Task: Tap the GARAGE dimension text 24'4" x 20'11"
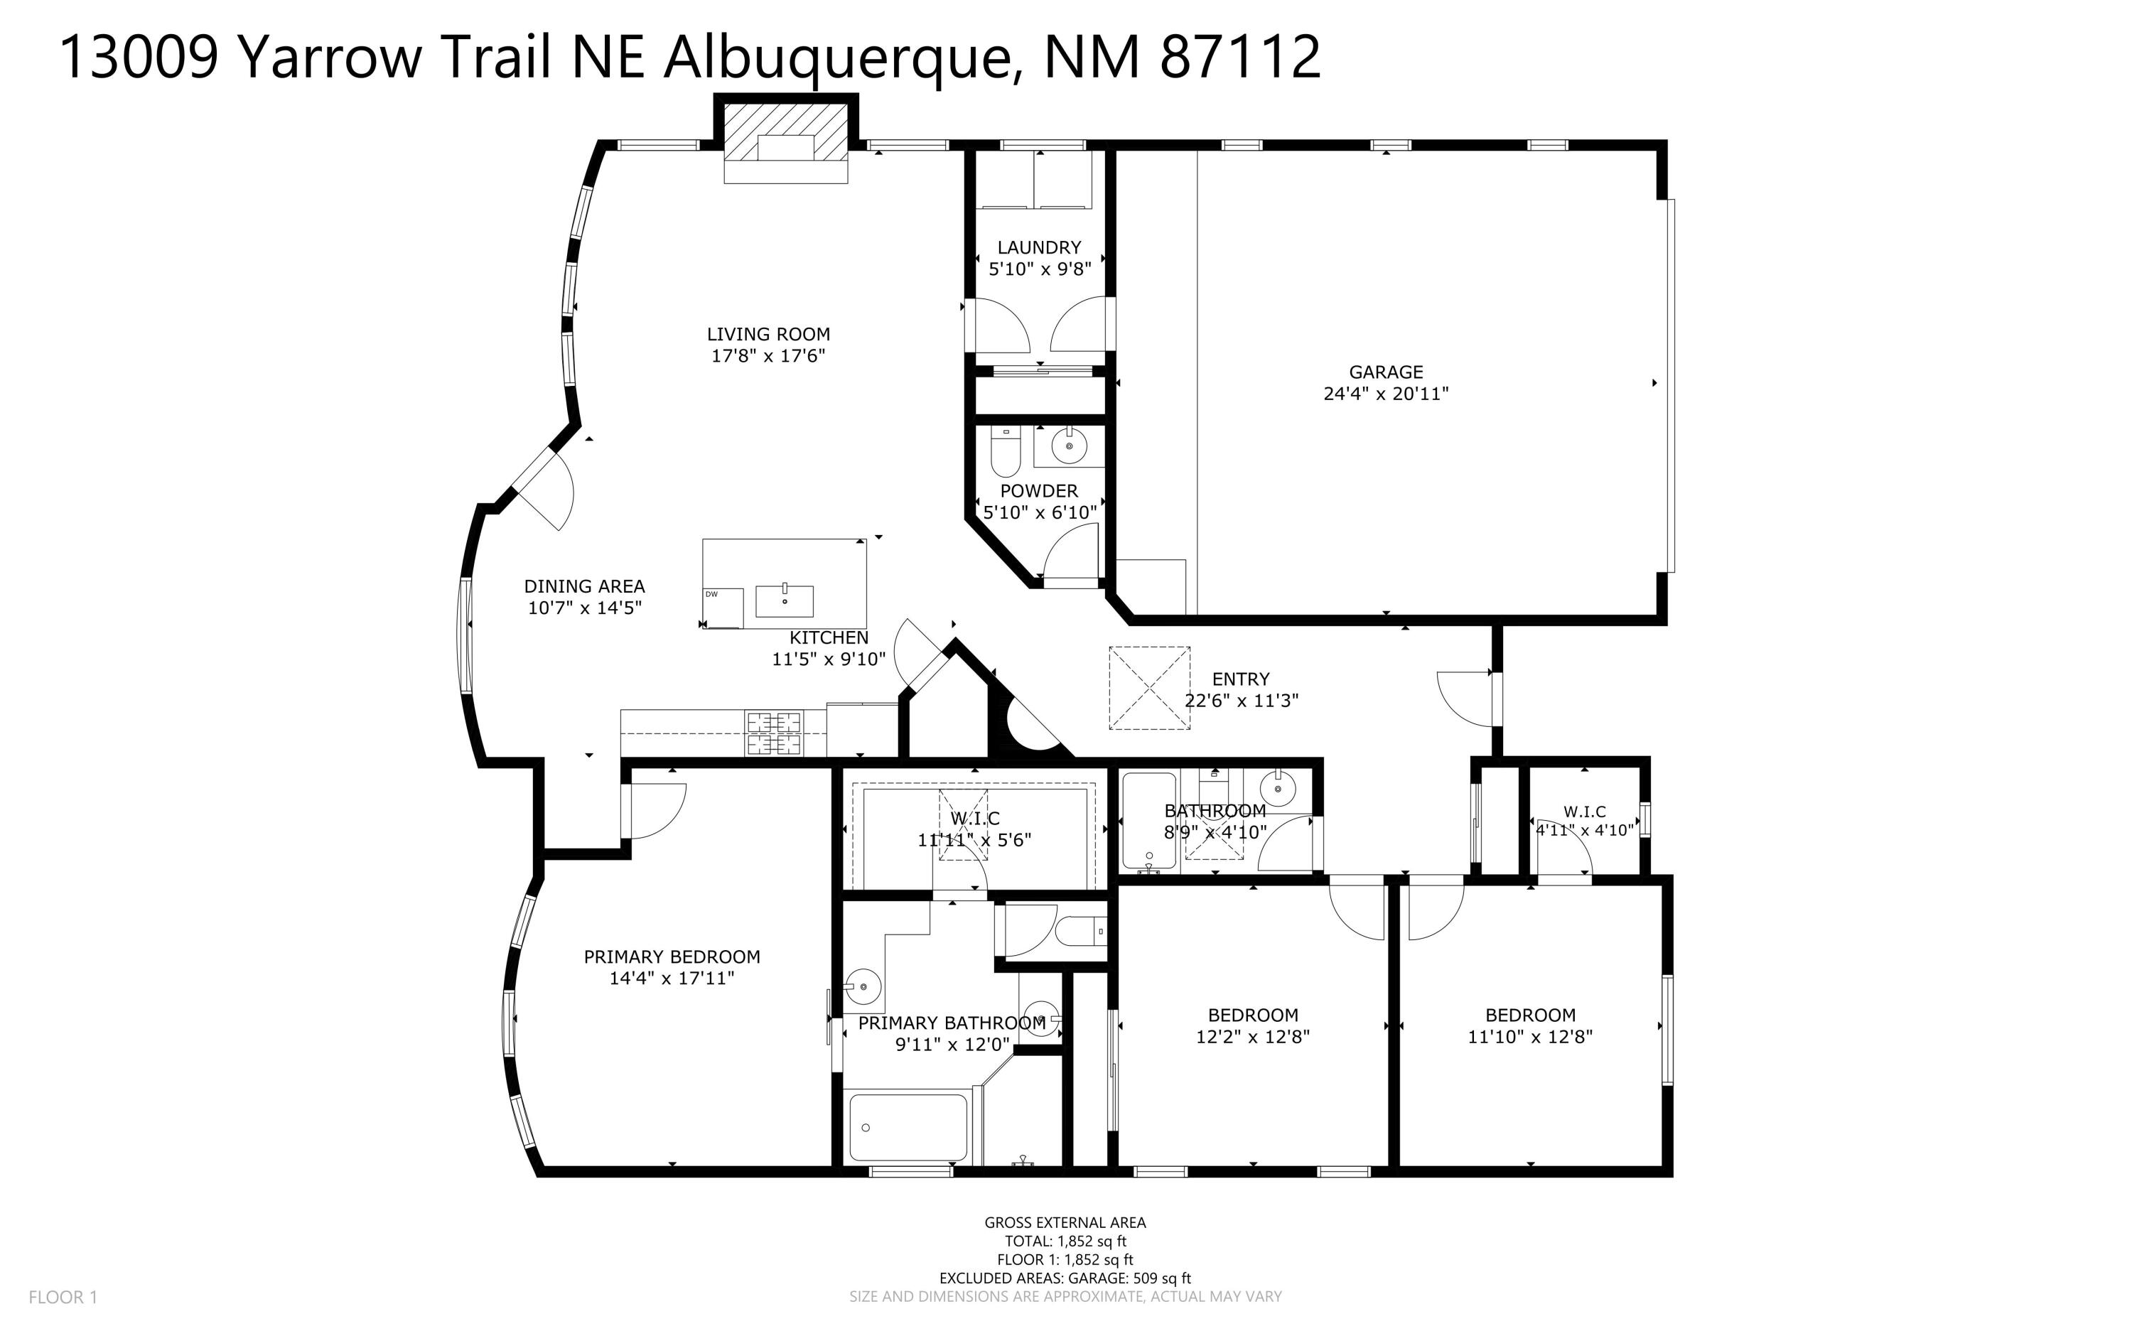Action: point(1386,394)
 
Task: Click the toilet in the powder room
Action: point(1004,453)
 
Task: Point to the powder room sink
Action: point(1070,447)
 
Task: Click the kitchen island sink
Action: point(785,600)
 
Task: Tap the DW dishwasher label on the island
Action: point(711,594)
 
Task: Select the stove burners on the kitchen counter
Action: point(775,733)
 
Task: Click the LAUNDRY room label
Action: point(1039,247)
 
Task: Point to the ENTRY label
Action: point(1240,679)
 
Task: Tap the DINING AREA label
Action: point(584,586)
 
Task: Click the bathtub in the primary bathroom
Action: point(908,1128)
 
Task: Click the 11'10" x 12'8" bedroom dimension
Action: point(1530,1037)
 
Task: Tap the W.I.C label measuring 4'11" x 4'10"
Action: point(1585,812)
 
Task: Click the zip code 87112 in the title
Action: point(1239,58)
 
